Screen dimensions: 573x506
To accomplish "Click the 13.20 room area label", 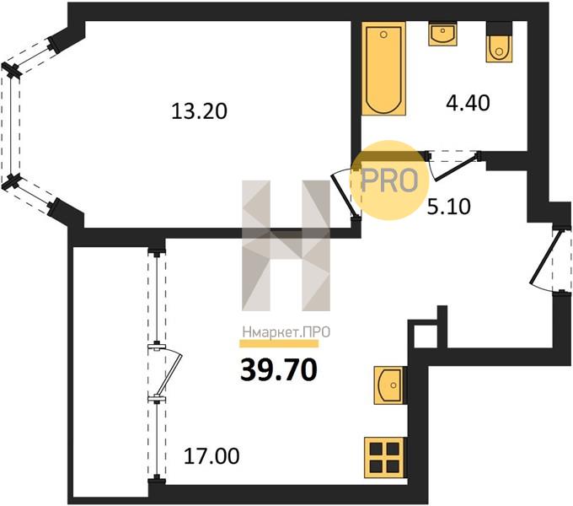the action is (x=199, y=111).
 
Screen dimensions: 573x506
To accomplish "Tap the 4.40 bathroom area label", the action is (x=468, y=103).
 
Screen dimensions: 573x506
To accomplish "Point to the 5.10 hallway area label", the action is (x=449, y=207).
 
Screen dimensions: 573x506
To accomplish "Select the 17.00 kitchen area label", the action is (x=212, y=456).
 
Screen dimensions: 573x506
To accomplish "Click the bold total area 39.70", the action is (x=279, y=369).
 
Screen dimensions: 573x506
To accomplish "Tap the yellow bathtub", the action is (x=383, y=68).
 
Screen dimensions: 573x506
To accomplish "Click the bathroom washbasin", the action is (x=442, y=34).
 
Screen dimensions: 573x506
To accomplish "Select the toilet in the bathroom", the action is (x=499, y=42).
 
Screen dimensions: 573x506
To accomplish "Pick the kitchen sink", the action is (x=389, y=385).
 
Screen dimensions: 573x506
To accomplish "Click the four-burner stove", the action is (x=385, y=457).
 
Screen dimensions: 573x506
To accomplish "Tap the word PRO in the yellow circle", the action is (x=389, y=180).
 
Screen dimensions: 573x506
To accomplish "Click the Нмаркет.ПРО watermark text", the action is (x=286, y=332).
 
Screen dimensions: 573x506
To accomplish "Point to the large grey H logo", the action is (x=286, y=245).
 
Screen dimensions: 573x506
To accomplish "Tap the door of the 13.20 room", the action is (x=345, y=194).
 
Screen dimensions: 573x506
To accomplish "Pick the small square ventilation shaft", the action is (x=424, y=336).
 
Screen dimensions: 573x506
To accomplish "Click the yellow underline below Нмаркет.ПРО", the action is (x=279, y=344).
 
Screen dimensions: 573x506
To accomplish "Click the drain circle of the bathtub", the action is (x=383, y=35).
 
